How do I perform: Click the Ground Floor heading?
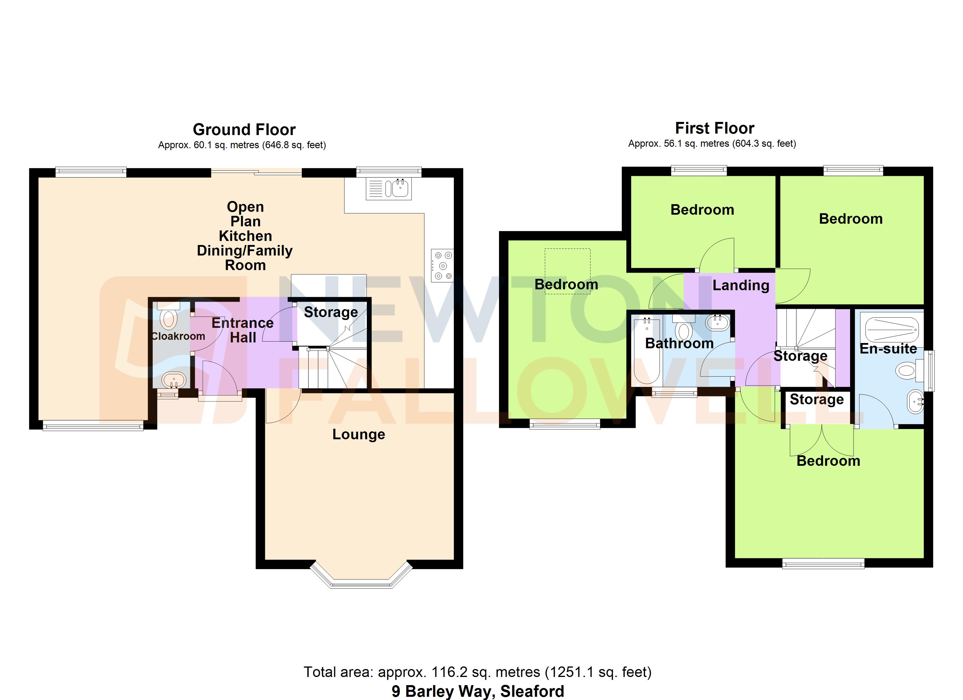pyautogui.click(x=244, y=129)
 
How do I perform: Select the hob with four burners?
pyautogui.click(x=442, y=266)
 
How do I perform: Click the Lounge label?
pyautogui.click(x=358, y=434)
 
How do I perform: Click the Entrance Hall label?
pyautogui.click(x=243, y=330)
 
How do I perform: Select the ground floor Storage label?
pyautogui.click(x=331, y=312)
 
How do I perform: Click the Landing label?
pyautogui.click(x=741, y=285)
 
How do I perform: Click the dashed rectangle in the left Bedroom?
pyautogui.click(x=567, y=265)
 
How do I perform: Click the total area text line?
pyautogui.click(x=477, y=672)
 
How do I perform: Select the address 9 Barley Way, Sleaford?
pyautogui.click(x=477, y=691)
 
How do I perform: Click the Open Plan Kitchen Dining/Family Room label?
pyautogui.click(x=245, y=236)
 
